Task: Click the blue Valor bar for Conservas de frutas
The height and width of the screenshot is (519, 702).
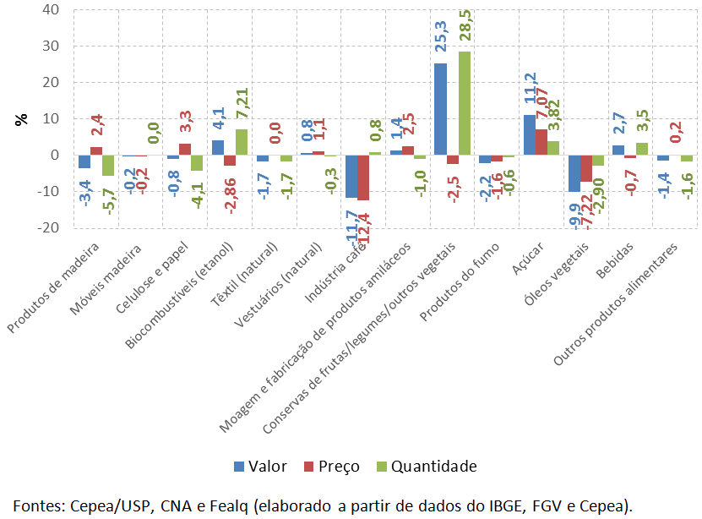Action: pos(440,109)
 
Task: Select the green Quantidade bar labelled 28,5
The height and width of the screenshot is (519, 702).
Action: pos(465,103)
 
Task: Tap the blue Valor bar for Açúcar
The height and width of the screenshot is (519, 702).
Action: pos(529,135)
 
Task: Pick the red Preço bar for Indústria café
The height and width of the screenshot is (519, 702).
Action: pos(363,178)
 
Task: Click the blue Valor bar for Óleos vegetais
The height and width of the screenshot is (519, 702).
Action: pos(574,173)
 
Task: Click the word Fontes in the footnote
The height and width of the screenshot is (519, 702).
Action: pos(35,505)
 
